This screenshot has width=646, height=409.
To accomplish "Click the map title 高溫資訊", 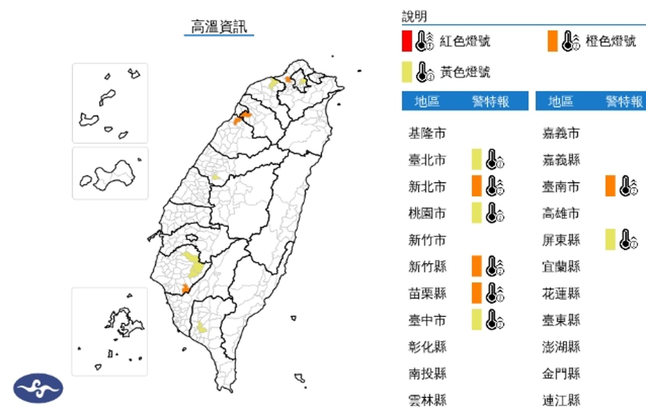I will [218, 27].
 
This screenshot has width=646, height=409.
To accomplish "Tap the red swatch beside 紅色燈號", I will [407, 41].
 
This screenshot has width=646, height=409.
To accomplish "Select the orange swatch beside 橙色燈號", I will [552, 41].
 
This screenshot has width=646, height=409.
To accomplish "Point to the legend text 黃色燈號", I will [465, 72].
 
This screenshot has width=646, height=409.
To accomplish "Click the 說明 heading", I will [414, 17].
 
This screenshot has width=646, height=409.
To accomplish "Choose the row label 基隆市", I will [427, 133].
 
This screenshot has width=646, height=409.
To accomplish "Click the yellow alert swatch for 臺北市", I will [476, 159].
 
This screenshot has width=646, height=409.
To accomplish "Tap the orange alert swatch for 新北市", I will [476, 186].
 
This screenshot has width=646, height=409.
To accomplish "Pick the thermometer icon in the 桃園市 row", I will [494, 213].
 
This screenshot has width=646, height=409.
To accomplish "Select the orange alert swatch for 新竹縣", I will [476, 266].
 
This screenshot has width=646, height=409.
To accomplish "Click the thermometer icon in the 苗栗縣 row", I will [494, 293].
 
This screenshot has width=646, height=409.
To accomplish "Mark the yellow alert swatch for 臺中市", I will [476, 320].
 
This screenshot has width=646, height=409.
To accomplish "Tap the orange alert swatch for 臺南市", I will [610, 186].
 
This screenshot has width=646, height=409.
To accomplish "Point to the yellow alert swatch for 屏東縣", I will [610, 239].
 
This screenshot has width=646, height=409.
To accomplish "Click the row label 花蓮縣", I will [561, 293].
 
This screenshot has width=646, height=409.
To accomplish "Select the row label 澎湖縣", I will [561, 347].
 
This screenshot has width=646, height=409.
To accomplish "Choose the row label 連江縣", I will [561, 400].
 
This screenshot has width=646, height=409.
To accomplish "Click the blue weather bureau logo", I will [38, 388].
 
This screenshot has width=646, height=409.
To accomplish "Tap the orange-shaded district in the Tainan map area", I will [185, 289].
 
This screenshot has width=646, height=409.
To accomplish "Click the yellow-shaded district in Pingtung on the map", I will [201, 328].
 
